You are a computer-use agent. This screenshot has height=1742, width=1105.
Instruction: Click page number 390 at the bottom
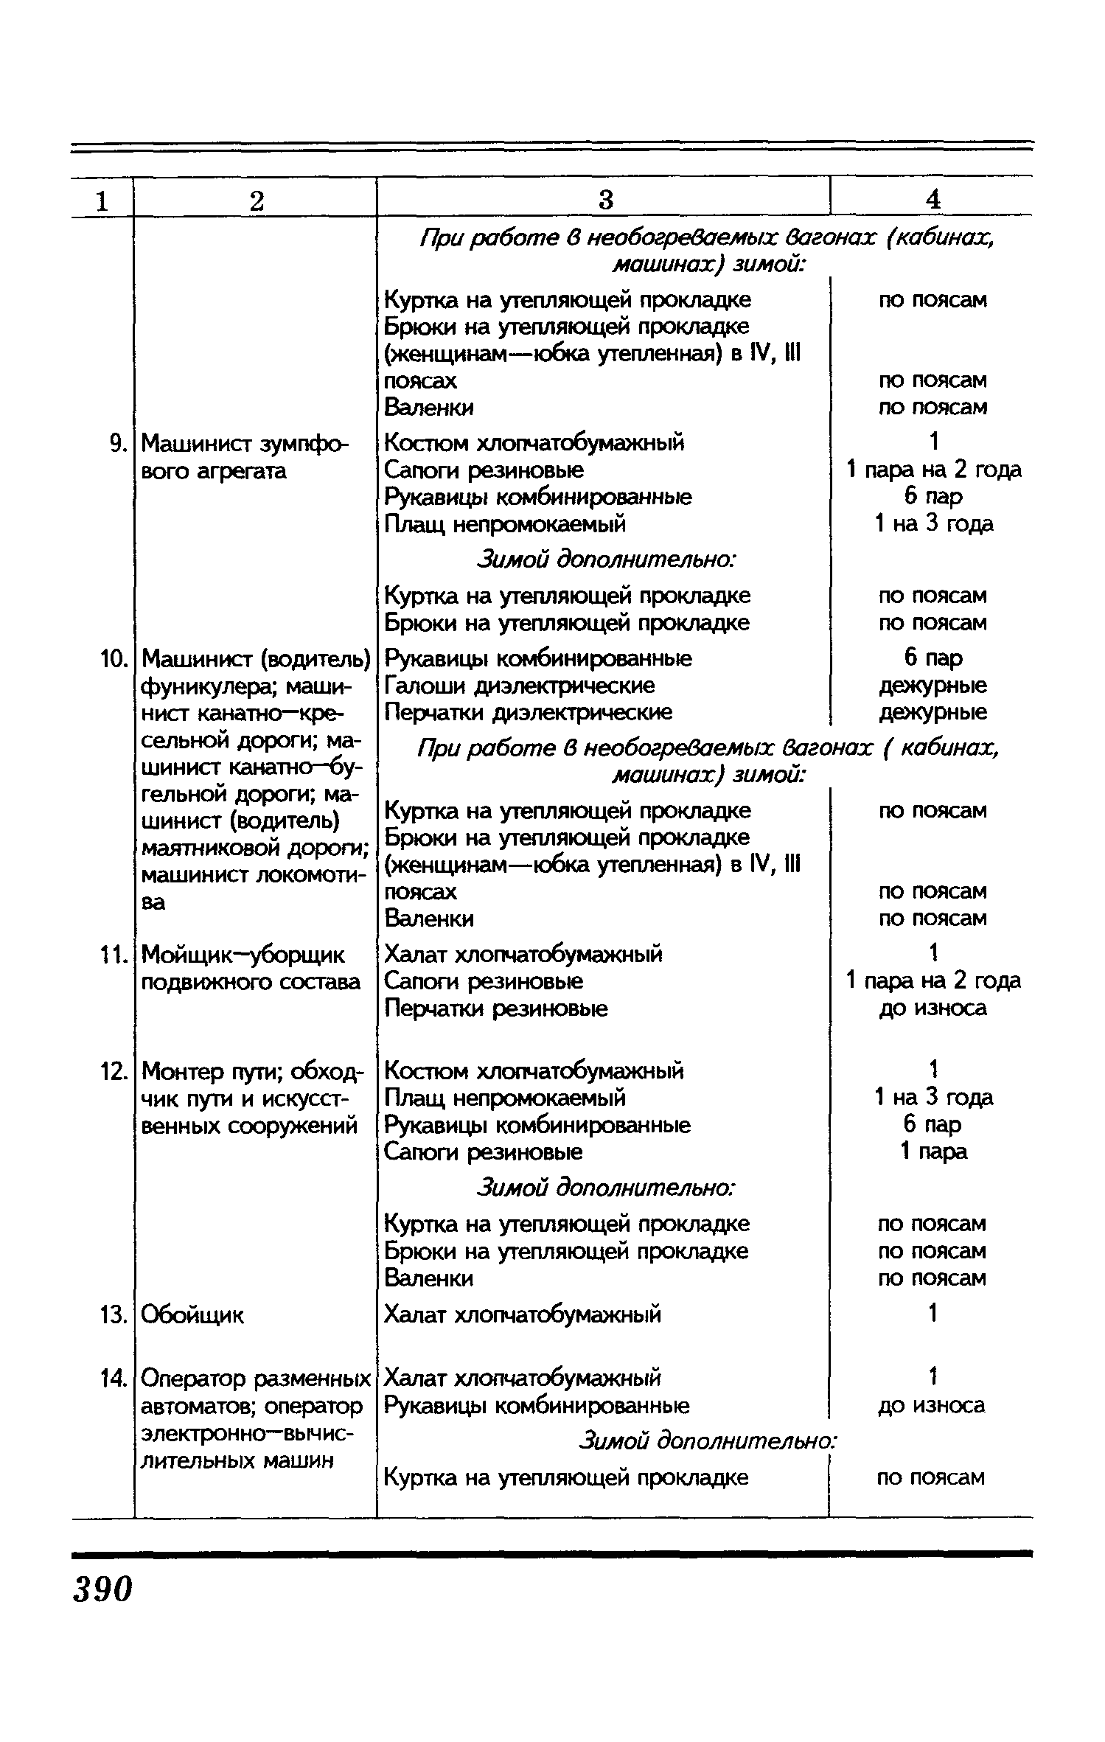coord(102,1590)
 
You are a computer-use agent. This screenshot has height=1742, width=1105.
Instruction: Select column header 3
coord(605,200)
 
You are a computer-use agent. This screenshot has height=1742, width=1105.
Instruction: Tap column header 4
coord(933,200)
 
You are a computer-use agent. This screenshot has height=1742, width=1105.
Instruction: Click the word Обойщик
coord(192,1314)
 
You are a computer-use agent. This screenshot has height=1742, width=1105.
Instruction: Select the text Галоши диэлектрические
coord(519,686)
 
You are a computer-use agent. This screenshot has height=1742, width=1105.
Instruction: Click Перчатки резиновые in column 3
coord(496,1008)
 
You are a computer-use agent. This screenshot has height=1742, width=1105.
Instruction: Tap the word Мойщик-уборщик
coord(243,955)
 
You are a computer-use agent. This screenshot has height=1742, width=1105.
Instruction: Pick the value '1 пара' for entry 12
coord(933,1152)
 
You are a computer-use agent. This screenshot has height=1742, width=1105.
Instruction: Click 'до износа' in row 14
coord(931,1405)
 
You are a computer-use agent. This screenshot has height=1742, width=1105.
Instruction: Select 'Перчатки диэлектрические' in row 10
coord(528,713)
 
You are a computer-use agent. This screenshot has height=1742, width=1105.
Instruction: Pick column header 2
coord(256,200)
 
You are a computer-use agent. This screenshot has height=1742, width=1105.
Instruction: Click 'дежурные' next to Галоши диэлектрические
coord(933,686)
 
